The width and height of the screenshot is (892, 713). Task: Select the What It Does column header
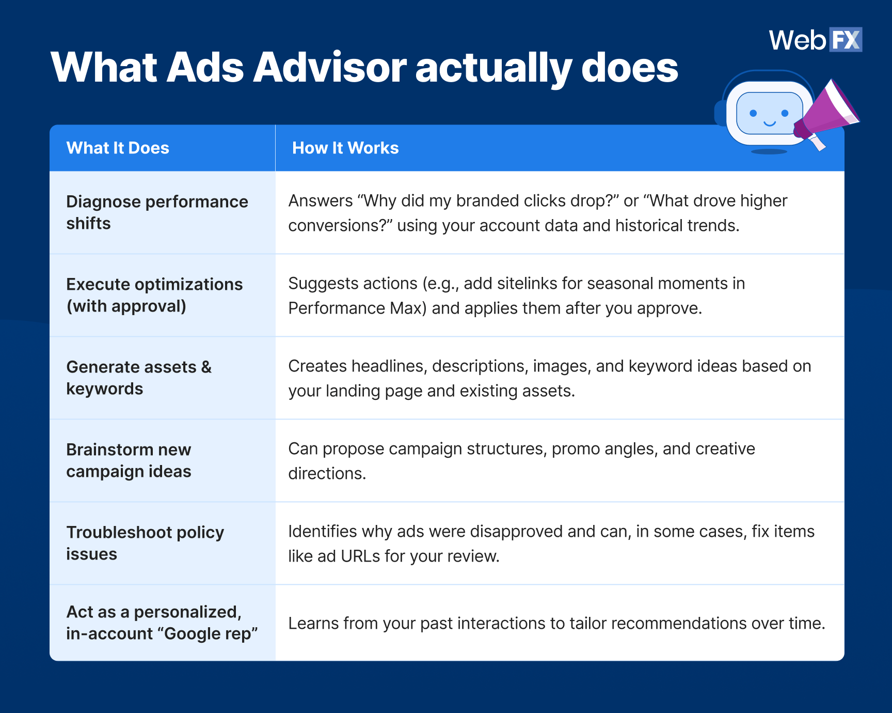click(118, 148)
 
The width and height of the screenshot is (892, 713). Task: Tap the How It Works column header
click(345, 148)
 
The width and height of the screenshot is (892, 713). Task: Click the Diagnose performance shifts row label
click(157, 212)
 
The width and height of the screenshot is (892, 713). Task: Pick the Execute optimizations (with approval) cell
click(154, 295)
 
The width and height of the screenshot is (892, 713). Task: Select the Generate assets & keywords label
click(139, 378)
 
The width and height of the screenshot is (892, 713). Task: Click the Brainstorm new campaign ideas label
click(129, 460)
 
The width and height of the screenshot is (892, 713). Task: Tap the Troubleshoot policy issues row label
click(145, 543)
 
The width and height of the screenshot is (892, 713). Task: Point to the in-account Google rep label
click(162, 633)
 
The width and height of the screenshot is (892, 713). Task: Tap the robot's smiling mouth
click(769, 124)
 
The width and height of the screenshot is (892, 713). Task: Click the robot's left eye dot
click(753, 113)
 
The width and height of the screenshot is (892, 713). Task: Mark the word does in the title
click(629, 68)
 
